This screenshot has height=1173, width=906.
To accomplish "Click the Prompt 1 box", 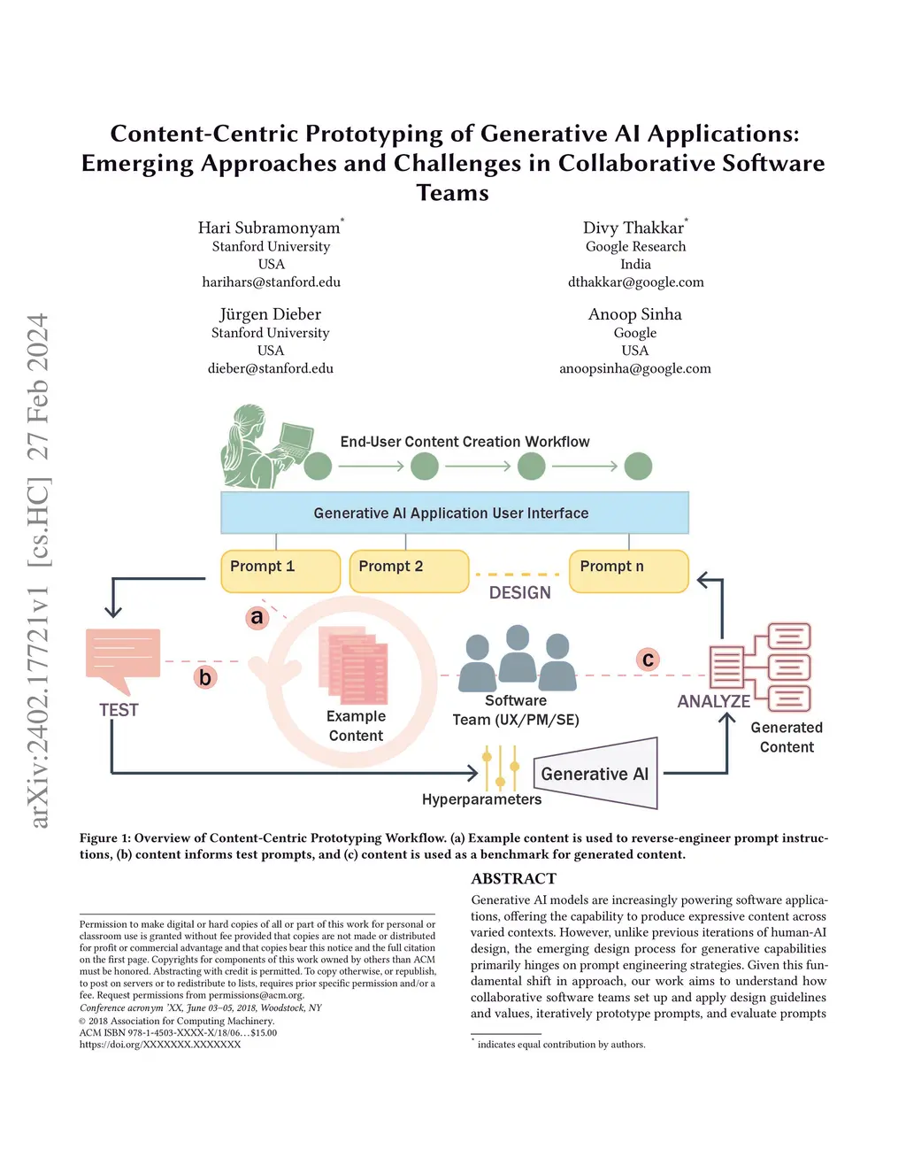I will pos(280,571).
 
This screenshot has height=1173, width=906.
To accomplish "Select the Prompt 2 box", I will pos(409,571).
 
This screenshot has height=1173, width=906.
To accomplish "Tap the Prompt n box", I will pos(628,571).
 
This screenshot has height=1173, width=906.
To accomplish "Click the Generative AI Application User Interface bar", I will pos(454,513).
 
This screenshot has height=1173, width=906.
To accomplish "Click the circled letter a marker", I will pos(257,617).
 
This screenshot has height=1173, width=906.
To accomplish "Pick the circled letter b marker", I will pos(205,677).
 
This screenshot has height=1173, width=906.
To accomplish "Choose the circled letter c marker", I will pos(649,660).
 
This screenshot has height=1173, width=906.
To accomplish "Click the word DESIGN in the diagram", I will pos(520,593).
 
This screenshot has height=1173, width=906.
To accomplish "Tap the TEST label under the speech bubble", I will pos(119,710).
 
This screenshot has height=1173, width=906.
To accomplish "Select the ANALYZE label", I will pos(713,701).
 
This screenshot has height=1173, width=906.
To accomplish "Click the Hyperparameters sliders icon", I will pos(500,767).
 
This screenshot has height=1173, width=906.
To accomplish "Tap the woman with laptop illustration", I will pos(266,446).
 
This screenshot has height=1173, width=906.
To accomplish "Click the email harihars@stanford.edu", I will pos(271,282).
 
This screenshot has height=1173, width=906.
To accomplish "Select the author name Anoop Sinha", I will pos(634,314).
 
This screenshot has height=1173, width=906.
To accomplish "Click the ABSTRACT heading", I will pos(513,878).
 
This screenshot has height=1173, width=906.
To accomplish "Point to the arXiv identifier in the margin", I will pos(39,708).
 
